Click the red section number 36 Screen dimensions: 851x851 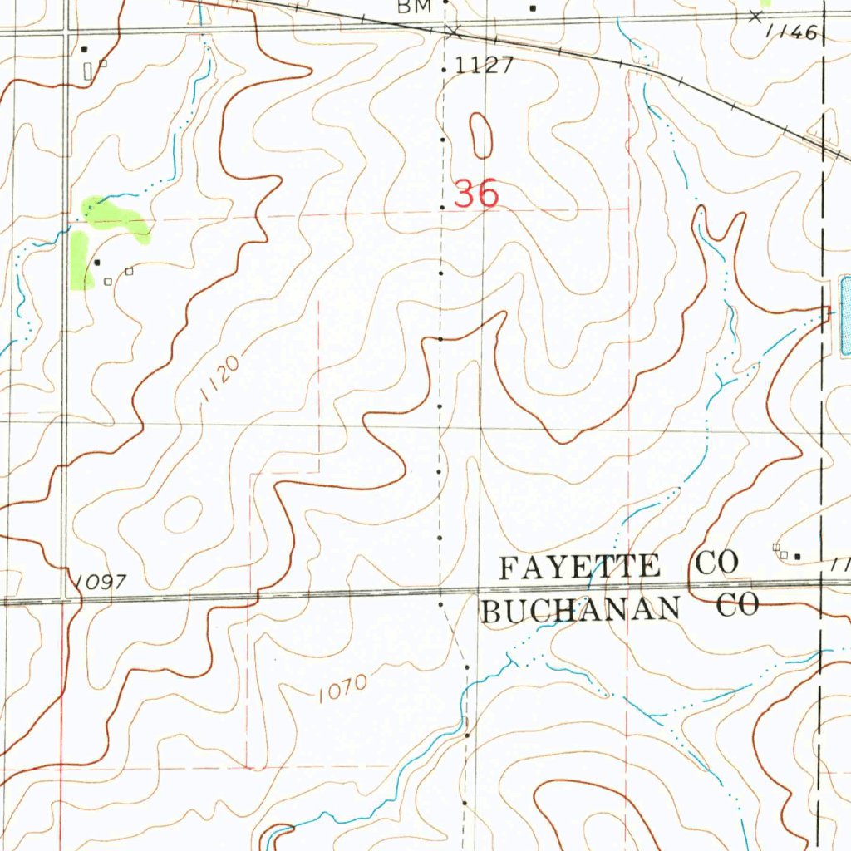(x=477, y=194)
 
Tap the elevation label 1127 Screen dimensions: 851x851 (x=485, y=66)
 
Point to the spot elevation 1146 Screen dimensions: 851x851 (x=793, y=32)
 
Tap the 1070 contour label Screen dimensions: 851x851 (x=341, y=686)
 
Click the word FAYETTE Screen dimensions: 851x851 (x=579, y=568)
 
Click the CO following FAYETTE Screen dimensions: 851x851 (x=717, y=563)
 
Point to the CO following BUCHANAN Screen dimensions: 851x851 (x=738, y=606)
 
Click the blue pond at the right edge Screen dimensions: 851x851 (x=844, y=316)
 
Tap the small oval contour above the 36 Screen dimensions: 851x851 (x=480, y=135)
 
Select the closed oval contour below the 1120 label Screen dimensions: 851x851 (x=183, y=514)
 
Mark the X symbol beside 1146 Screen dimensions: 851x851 (x=755, y=17)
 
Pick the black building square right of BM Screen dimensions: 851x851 (x=533, y=8)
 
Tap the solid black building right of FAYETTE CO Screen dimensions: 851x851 (x=798, y=555)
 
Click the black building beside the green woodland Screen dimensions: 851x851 (x=97, y=263)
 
